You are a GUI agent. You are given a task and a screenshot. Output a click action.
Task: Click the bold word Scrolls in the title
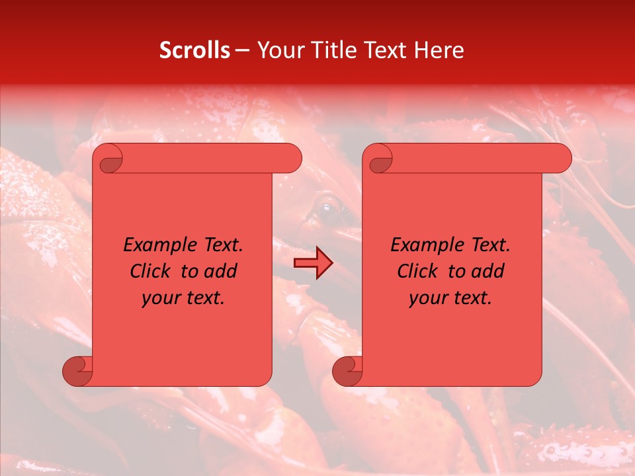coord(194,50)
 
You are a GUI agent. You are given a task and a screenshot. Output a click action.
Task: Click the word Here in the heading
coord(439,50)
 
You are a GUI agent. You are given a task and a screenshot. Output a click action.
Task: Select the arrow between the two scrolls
coord(313,264)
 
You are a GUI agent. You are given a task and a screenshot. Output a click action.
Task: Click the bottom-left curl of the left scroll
coord(77,372)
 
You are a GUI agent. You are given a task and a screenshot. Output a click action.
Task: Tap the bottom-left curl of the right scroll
coord(347,372)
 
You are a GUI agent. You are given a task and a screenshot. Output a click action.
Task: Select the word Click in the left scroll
coord(151,271)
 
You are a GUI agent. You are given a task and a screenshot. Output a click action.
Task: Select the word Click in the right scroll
coord(418,271)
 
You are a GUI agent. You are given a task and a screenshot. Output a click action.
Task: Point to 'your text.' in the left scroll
coord(183,298)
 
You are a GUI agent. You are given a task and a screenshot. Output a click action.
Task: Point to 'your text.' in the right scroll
coord(450,298)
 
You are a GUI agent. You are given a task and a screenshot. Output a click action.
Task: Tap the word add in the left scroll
coord(221,271)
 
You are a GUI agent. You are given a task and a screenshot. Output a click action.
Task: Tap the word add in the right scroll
coord(488,271)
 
